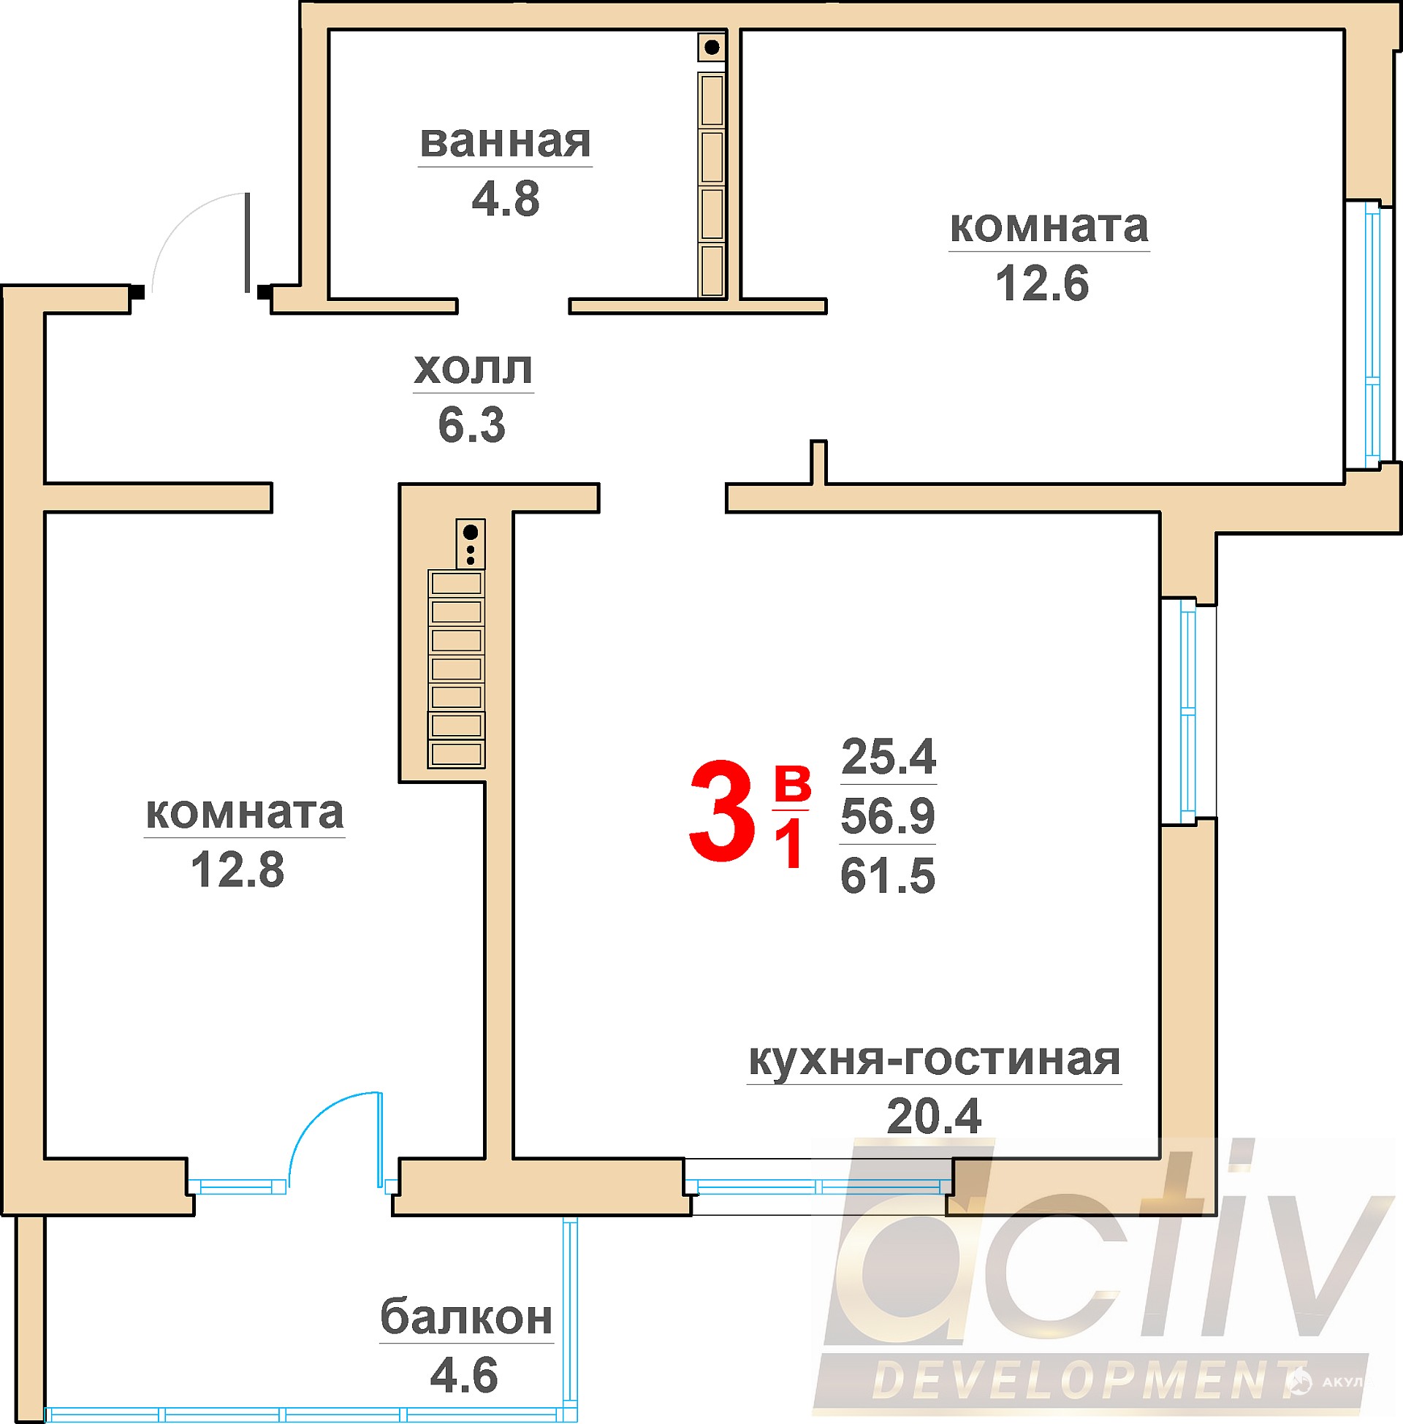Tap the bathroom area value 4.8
506,199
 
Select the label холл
473,369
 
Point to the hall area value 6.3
471,425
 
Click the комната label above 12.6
1049,227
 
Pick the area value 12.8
237,870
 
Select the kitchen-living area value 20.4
934,1117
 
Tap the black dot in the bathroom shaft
712,48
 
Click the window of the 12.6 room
1372,335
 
